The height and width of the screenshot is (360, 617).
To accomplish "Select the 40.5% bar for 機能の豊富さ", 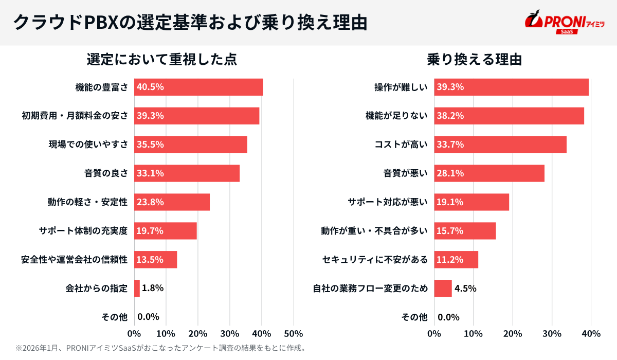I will coord(198,87).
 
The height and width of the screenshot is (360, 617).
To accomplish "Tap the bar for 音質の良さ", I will coord(187,173).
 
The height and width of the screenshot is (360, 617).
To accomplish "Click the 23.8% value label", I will coord(150,202).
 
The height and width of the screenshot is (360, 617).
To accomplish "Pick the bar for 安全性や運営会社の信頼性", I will coord(156,260).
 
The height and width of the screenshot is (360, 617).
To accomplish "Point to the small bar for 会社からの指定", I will coord(137,289).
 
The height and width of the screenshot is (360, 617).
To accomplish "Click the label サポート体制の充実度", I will coord(83,231).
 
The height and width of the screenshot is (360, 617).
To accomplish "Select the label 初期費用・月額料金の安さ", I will coord(75,116).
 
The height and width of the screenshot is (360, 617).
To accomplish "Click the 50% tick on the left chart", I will coord(293,333).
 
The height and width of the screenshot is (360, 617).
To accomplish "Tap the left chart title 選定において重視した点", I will coord(161,60).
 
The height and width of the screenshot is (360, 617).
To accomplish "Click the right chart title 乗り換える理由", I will coord(474,60).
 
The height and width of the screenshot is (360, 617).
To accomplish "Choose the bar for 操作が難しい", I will coord(511,87).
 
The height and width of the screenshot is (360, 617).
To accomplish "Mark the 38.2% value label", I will coord(450,116).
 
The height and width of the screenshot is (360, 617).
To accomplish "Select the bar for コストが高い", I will coord(500,145).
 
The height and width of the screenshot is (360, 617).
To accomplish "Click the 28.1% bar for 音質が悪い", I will coord(489,173).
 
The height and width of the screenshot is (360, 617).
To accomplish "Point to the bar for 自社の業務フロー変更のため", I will coord(443,289).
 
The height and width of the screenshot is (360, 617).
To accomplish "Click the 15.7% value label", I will coord(450,231).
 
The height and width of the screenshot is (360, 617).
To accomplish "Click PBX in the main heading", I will coord(100,23).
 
